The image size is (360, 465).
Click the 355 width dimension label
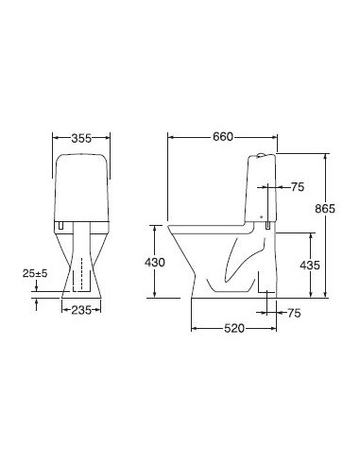[x=81, y=138]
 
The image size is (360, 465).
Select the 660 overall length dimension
[x=223, y=137]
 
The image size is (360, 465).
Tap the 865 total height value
[x=325, y=208]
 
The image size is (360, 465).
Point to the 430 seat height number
[x=155, y=262]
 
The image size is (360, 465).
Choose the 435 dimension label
[x=310, y=266]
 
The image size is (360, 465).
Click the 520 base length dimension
[x=234, y=328]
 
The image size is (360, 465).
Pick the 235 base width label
[x=81, y=310]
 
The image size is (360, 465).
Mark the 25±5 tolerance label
[x=35, y=273]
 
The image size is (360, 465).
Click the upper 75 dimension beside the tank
[x=298, y=187]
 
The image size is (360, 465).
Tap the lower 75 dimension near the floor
[x=294, y=313]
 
